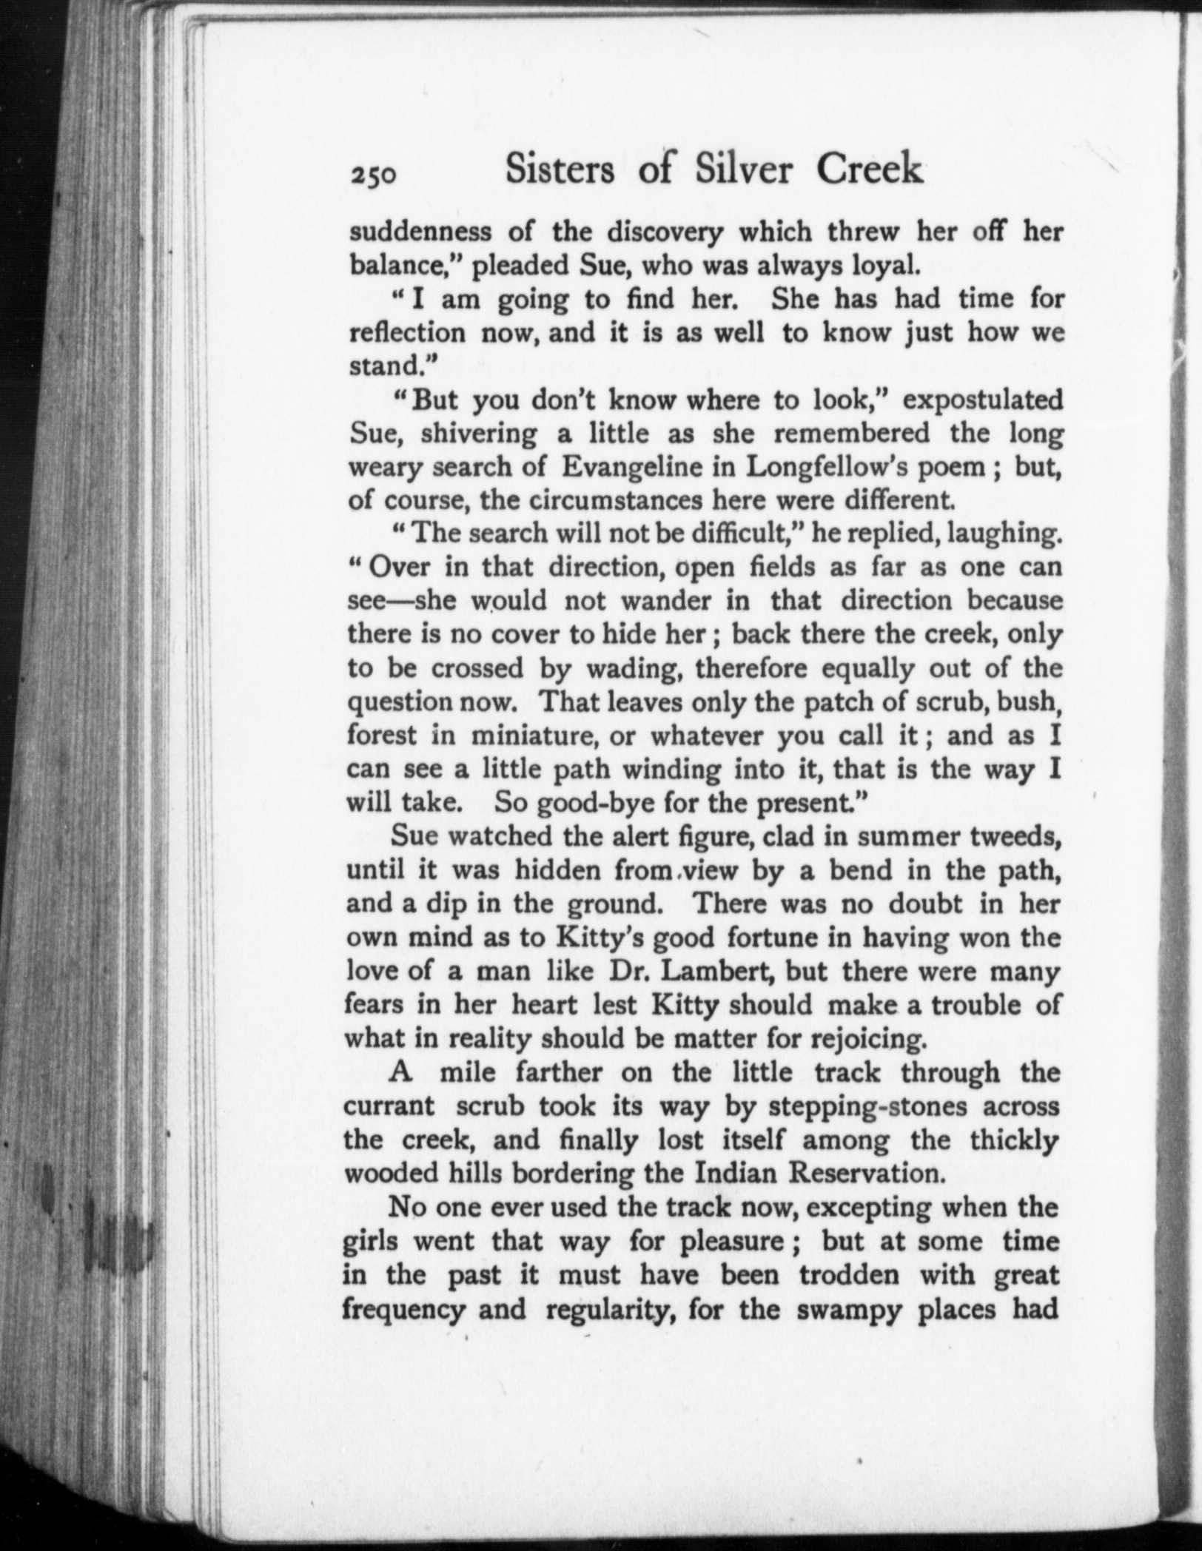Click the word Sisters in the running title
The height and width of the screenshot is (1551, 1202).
tap(560, 169)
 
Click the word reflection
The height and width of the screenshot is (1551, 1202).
tap(407, 332)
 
